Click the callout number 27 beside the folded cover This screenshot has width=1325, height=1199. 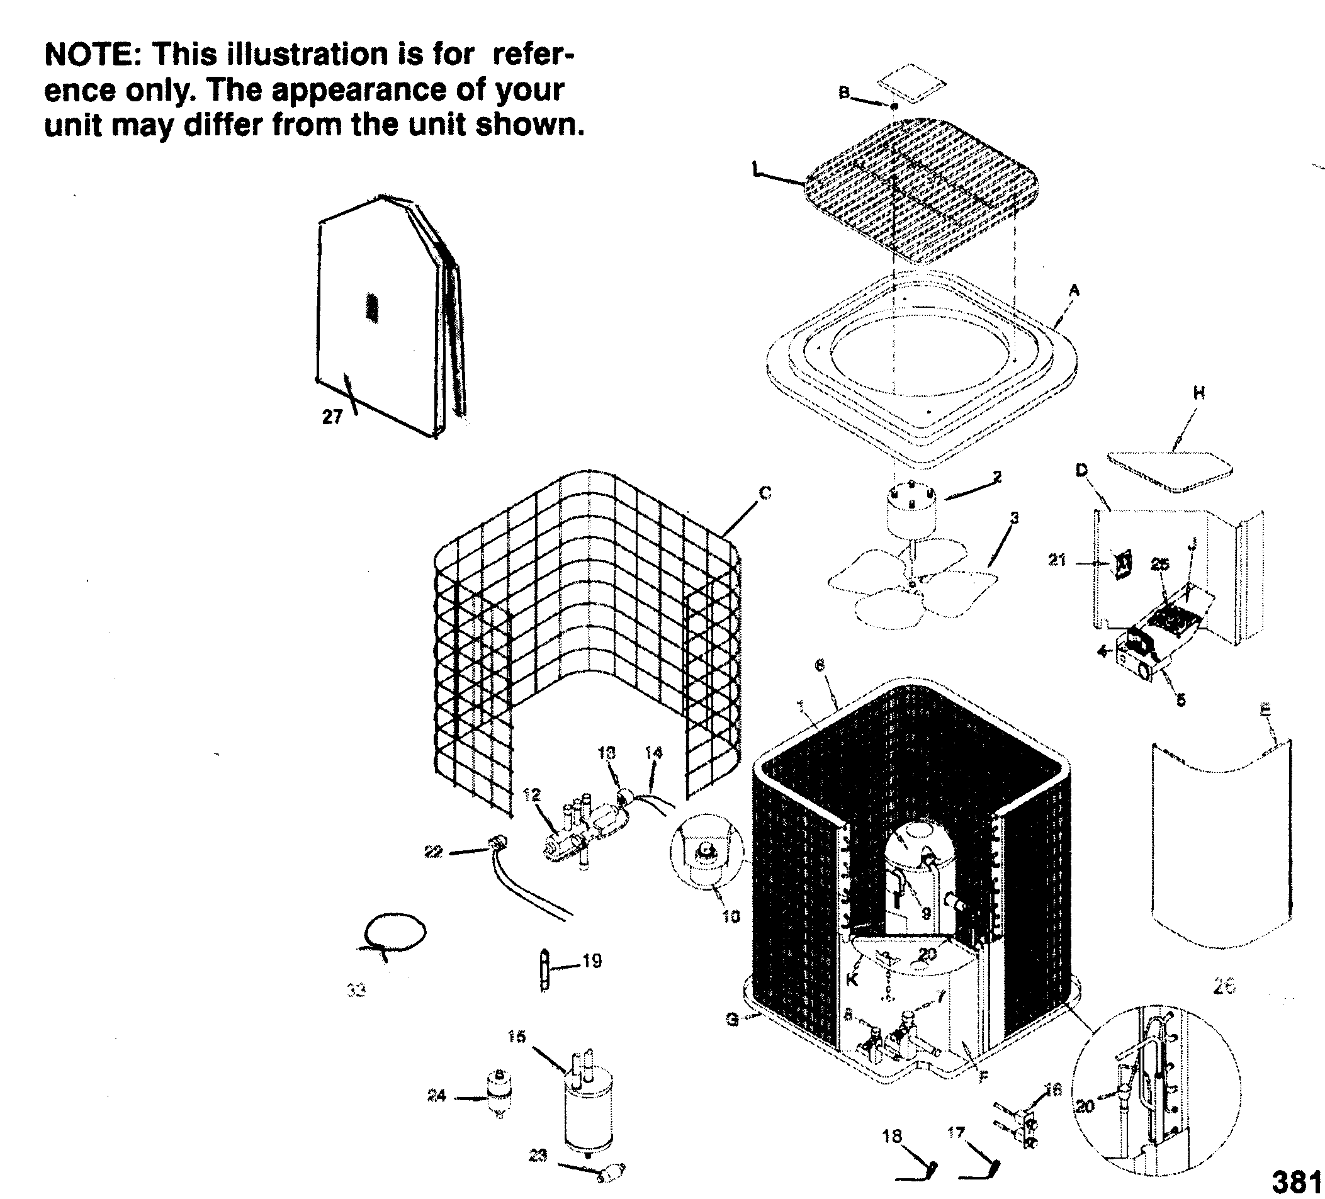[332, 417]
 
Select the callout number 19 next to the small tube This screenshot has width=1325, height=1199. [592, 961]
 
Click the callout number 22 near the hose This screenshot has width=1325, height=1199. [433, 852]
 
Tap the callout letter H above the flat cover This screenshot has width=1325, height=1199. [1199, 393]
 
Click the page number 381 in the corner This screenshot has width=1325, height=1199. [1294, 1182]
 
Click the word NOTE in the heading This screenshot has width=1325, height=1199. [88, 55]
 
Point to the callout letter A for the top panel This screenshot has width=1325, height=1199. [1074, 290]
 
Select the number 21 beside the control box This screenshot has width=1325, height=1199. [1056, 560]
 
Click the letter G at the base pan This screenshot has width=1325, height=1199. [732, 1020]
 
